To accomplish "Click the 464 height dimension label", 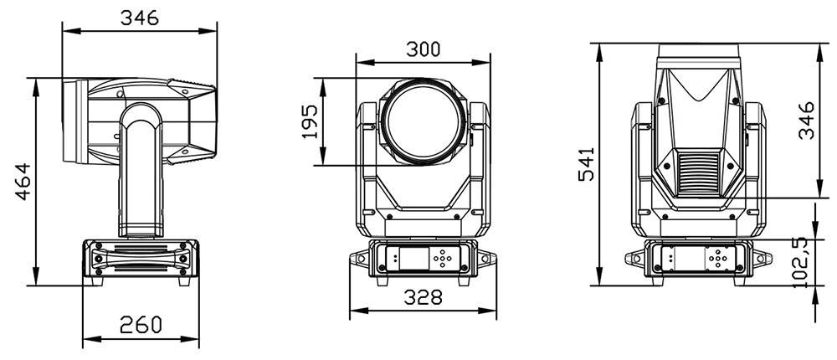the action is (23, 182).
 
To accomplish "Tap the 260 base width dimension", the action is (141, 324).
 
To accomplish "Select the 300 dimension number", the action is (424, 49).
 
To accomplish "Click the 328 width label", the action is (424, 297).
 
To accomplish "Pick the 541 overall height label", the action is (587, 164).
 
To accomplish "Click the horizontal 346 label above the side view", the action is (139, 18).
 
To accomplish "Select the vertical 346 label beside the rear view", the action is (806, 121).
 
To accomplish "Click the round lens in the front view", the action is (423, 121).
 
